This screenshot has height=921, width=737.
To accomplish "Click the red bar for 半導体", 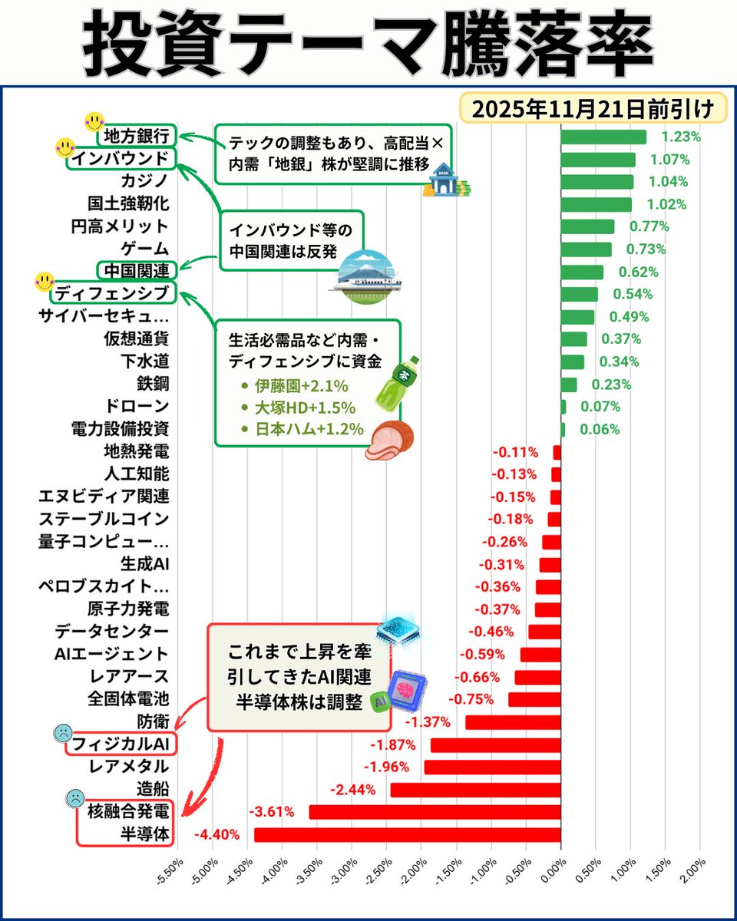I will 407,834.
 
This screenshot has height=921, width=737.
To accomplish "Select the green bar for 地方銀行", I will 603,137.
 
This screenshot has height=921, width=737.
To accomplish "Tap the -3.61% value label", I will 270,811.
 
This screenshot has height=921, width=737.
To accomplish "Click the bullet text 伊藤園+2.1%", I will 296,387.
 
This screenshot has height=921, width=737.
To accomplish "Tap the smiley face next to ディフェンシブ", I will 45,282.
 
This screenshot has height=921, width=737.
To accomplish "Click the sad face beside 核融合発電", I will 75,798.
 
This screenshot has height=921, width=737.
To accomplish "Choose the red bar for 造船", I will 475,789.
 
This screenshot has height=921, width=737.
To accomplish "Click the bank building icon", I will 445,185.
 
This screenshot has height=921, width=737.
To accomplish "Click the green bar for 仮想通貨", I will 573,338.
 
